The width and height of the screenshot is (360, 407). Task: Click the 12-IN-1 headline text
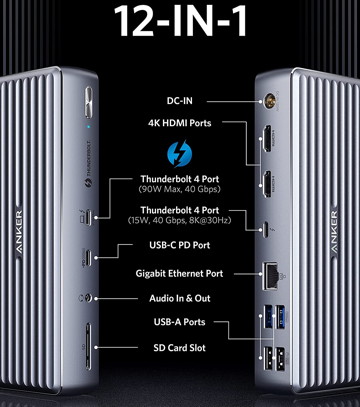(x=180, y=20)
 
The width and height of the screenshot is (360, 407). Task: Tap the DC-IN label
(x=180, y=101)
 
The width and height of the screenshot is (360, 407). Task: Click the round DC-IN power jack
(x=268, y=101)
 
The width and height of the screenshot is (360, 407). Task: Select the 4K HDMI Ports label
(x=180, y=123)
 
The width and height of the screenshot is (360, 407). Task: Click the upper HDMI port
(x=267, y=138)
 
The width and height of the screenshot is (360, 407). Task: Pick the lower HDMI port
(x=267, y=184)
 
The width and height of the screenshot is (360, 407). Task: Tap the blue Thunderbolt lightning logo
(x=179, y=154)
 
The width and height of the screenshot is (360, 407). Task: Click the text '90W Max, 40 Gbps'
(x=179, y=189)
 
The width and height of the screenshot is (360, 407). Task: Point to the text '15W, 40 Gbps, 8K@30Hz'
(x=179, y=221)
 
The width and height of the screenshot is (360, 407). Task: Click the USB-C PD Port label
(x=180, y=245)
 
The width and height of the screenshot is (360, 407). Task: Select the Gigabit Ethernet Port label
(x=179, y=274)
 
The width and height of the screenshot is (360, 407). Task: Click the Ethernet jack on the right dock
(x=270, y=275)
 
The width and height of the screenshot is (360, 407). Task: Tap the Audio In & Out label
(x=180, y=298)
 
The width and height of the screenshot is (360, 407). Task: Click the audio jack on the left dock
(x=88, y=298)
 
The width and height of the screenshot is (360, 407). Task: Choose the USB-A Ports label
(x=179, y=322)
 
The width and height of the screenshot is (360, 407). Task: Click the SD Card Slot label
(x=179, y=348)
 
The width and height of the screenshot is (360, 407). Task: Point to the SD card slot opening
(x=88, y=346)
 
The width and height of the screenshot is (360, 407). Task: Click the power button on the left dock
(x=88, y=103)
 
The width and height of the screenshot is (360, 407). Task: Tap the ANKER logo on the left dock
(x=19, y=234)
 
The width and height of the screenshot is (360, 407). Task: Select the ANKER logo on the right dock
(x=334, y=232)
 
